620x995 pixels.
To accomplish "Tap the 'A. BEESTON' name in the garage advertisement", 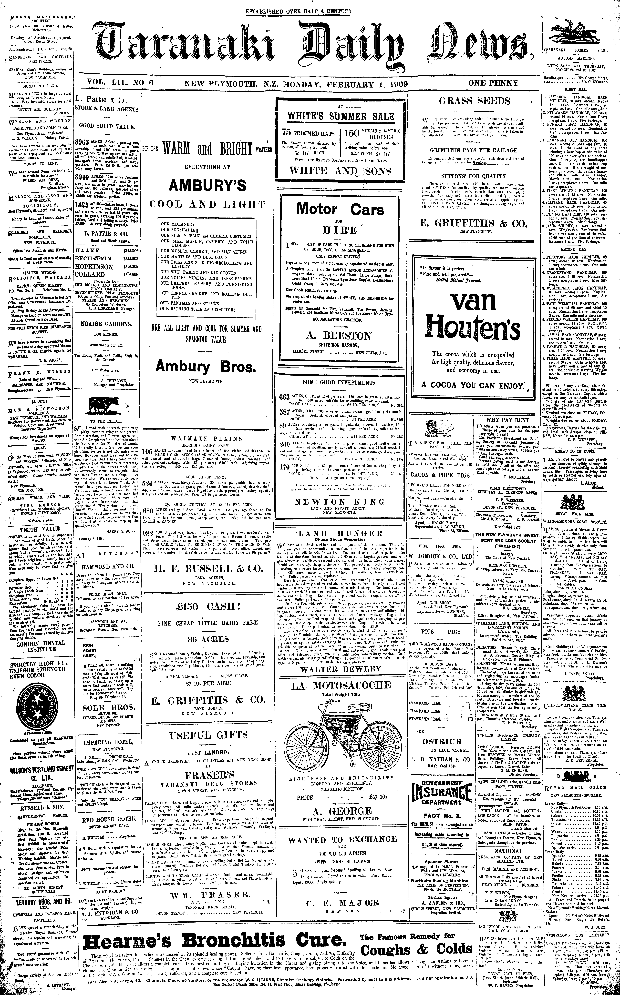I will (339, 336).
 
